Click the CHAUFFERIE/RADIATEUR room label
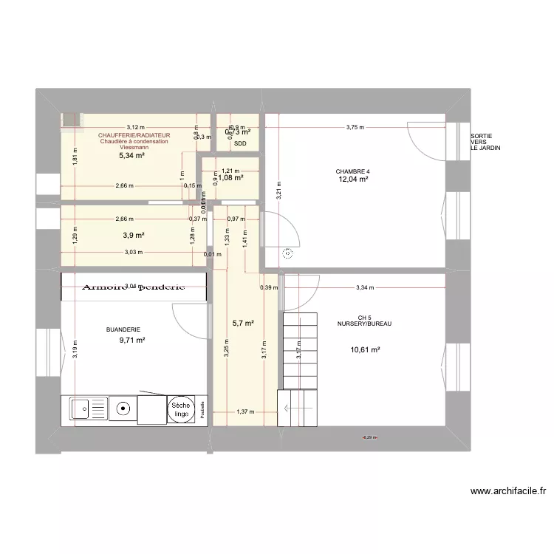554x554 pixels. click(x=134, y=136)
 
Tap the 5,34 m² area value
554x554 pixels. click(x=131, y=156)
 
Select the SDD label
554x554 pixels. click(x=239, y=144)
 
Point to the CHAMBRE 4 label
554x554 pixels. click(x=354, y=171)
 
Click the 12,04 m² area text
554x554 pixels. click(x=353, y=179)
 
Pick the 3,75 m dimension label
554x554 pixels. click(x=355, y=128)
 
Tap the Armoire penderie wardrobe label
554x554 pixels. click(x=133, y=287)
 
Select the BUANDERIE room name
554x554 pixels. click(x=123, y=330)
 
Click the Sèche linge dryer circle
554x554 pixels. click(x=180, y=410)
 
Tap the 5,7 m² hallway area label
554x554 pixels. click(x=243, y=324)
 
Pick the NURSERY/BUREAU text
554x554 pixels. click(x=364, y=324)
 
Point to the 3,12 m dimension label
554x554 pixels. click(x=135, y=127)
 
